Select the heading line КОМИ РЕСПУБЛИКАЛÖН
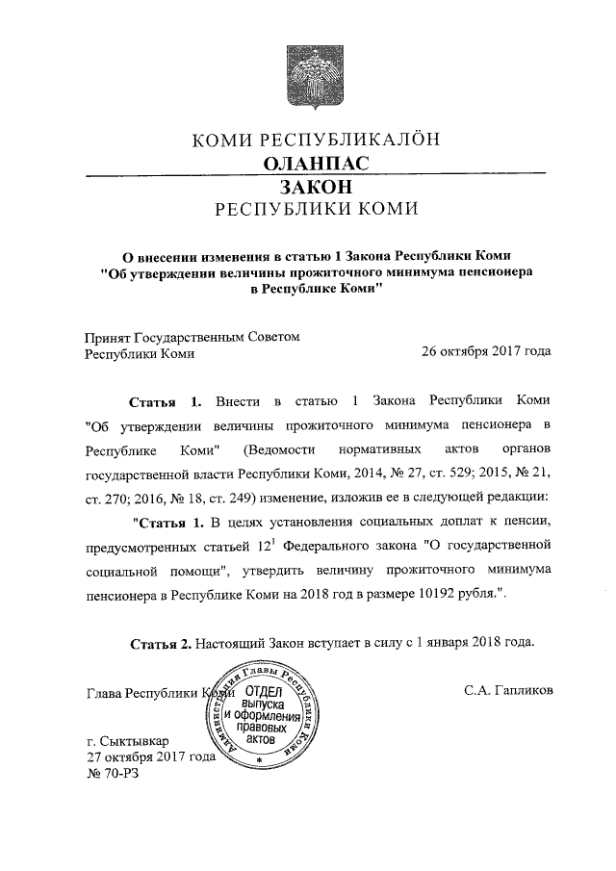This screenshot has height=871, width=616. (317, 139)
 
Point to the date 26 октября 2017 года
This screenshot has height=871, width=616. (486, 351)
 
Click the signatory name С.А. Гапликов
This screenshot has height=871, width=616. (507, 691)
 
